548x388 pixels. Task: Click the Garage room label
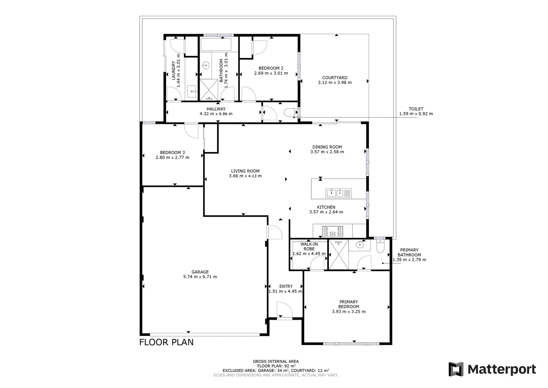point(200,272)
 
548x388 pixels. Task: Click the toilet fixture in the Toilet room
point(289,113)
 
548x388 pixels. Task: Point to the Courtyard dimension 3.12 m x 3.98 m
point(335,83)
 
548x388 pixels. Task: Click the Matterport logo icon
point(456,369)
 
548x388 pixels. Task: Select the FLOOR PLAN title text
point(166,342)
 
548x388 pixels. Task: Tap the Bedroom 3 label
point(172,152)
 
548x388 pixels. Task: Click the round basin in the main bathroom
point(206,65)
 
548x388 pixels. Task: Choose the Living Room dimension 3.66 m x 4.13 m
point(245,176)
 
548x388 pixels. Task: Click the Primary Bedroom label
point(349,304)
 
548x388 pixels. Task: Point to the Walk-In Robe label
point(309,246)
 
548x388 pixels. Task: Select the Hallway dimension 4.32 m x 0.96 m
point(216,114)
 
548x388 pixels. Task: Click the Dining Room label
point(327,147)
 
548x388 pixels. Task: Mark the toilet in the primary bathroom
point(380,246)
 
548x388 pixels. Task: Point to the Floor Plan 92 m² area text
point(275,366)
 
